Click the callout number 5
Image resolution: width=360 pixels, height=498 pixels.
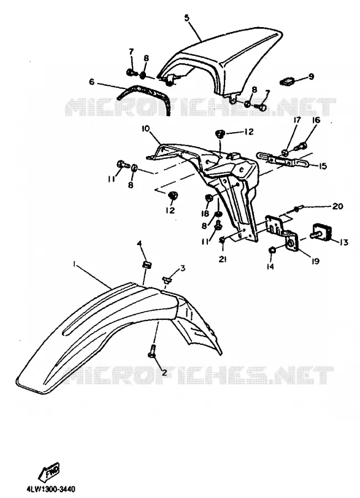pyautogui.click(x=187, y=18)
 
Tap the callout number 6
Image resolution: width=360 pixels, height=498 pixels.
pyautogui.click(x=92, y=82)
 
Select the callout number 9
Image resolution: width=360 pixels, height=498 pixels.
pyautogui.click(x=311, y=76)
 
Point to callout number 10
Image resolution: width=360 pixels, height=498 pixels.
pyautogui.click(x=145, y=128)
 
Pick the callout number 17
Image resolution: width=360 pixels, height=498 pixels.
pyautogui.click(x=297, y=121)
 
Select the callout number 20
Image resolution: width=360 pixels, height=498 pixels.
pyautogui.click(x=338, y=206)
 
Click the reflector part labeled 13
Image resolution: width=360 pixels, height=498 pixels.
pyautogui.click(x=322, y=234)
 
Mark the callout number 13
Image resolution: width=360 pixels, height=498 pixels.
pyautogui.click(x=343, y=242)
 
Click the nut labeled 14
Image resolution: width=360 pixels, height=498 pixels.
pyautogui.click(x=272, y=251)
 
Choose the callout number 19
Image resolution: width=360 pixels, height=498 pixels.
pyautogui.click(x=315, y=261)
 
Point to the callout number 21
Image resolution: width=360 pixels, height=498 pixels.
pyautogui.click(x=222, y=260)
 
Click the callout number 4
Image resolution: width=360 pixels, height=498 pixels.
pyautogui.click(x=139, y=243)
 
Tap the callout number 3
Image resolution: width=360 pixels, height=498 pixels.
pyautogui.click(x=182, y=268)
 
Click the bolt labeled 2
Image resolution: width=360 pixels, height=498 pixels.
pyautogui.click(x=153, y=351)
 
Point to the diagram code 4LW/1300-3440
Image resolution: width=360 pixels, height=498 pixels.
pyautogui.click(x=51, y=489)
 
